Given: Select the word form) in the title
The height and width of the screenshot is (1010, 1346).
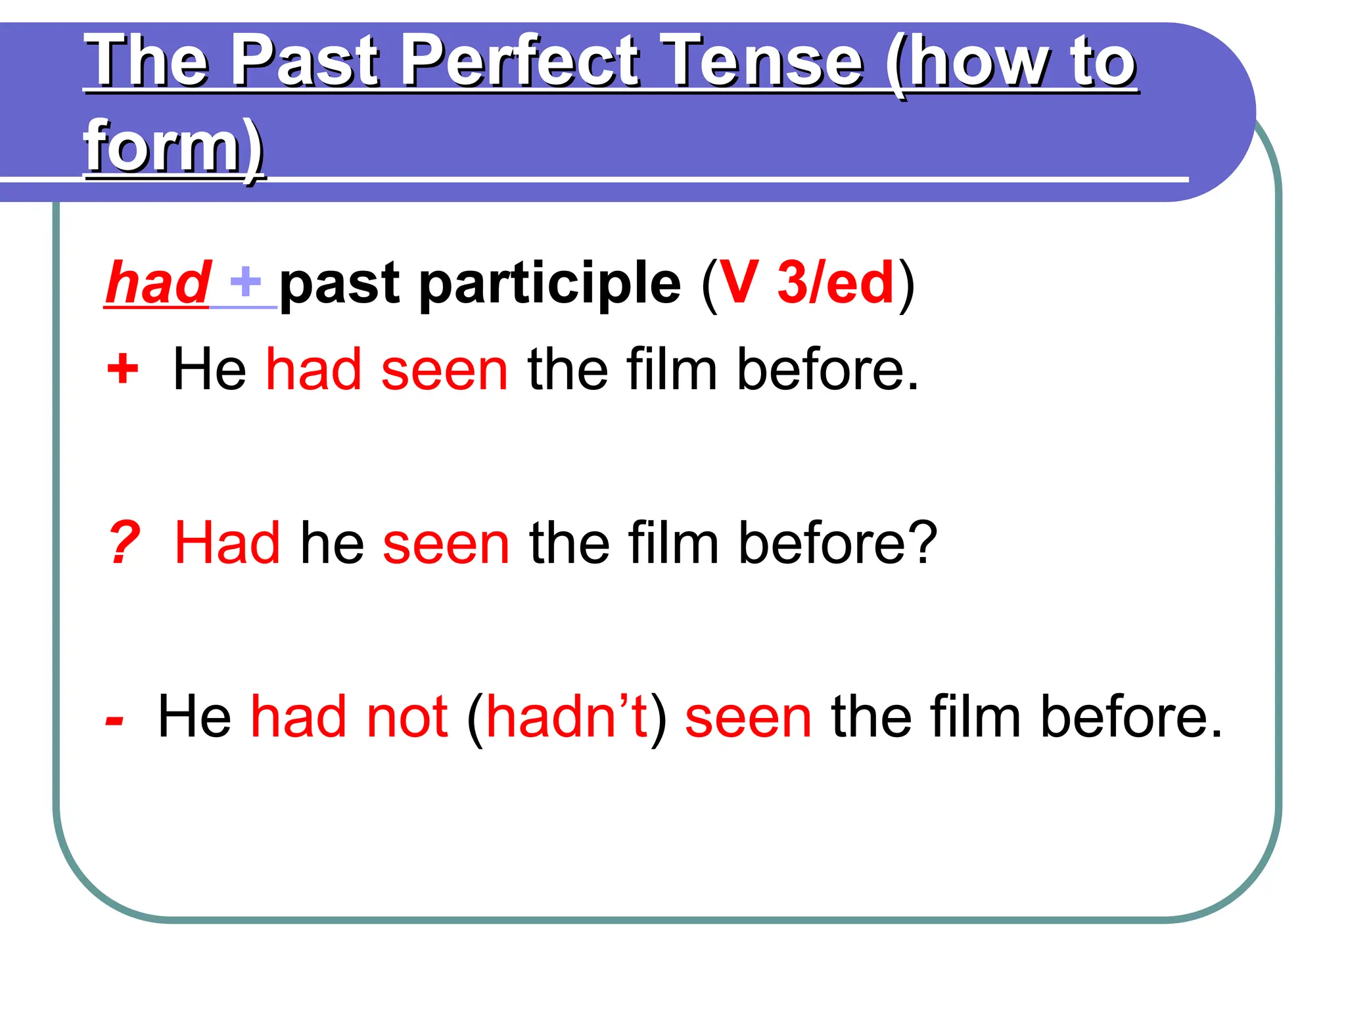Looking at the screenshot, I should click(174, 146).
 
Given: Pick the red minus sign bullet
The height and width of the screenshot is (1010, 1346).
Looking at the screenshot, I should click(114, 720).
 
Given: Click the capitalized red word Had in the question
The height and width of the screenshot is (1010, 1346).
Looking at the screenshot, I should click(227, 543).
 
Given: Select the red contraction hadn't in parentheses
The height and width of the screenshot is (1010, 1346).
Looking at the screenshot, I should click(567, 717).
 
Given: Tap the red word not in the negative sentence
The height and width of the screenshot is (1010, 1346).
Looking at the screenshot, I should click(407, 717).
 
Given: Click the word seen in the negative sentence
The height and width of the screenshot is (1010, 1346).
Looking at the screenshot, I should click(748, 717).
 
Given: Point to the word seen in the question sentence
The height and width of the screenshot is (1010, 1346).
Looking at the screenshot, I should click(446, 543).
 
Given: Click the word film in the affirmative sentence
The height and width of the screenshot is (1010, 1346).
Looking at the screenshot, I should click(670, 370).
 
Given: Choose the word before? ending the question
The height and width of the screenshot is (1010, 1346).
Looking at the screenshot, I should click(838, 543).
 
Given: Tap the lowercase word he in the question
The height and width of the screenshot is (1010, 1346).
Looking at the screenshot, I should click(332, 543).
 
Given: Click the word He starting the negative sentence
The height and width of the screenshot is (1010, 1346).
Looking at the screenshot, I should click(195, 717).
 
